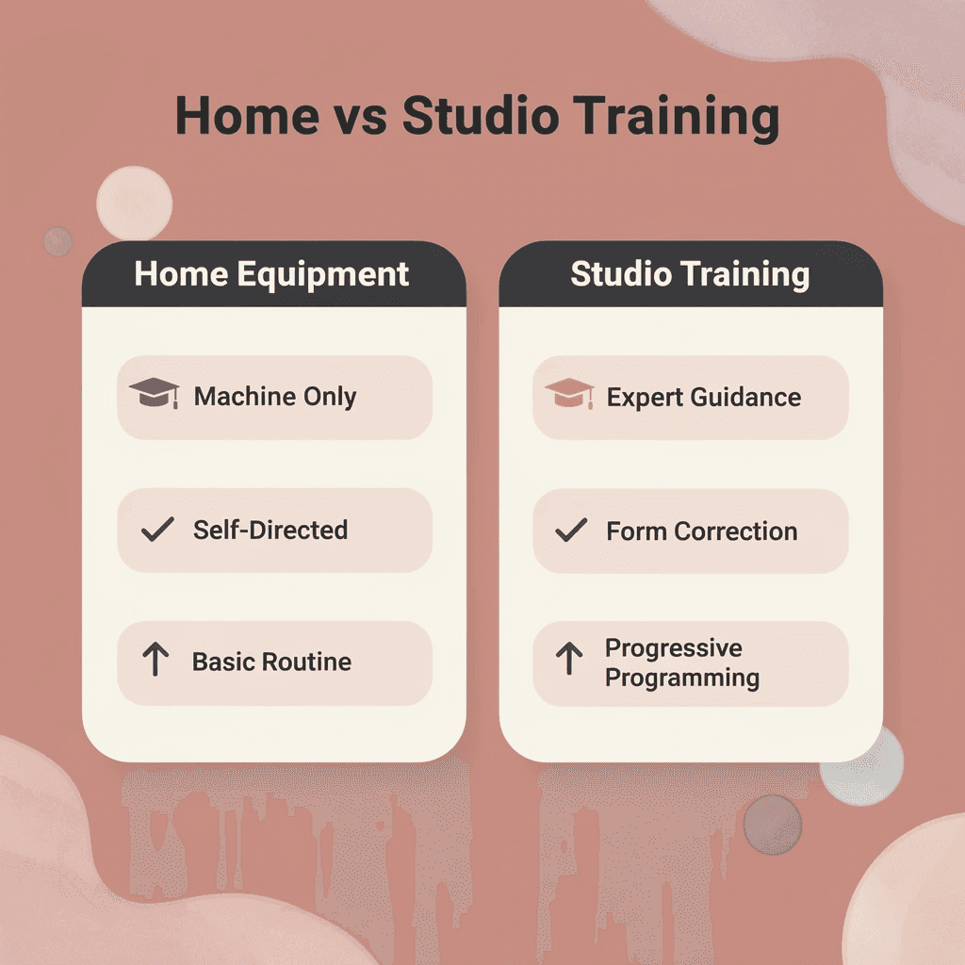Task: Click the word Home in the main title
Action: pos(247,117)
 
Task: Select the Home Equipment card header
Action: pos(273,274)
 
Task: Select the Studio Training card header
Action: pos(690,274)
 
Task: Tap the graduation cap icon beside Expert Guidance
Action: pos(569,395)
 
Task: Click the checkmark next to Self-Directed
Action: pos(156,530)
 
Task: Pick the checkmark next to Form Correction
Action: pos(570,531)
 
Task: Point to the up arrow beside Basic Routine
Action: pos(155,661)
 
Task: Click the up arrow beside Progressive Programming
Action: pos(568,659)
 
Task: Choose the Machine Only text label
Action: pos(275,397)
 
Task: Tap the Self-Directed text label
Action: pos(270,530)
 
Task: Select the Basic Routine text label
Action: pos(271,662)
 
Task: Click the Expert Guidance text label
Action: pos(703,397)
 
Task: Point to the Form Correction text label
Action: pos(701,532)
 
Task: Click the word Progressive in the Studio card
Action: pos(673,648)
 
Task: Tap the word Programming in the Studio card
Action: pos(681,678)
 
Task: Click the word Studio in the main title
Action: pos(480,117)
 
